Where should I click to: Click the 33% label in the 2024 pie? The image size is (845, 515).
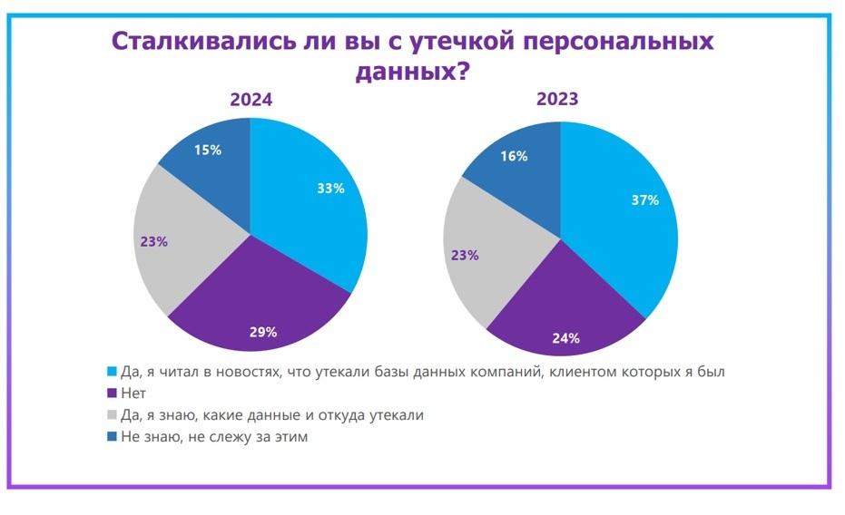pyautogui.click(x=330, y=189)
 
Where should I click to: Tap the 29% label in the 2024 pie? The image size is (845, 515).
pyautogui.click(x=263, y=332)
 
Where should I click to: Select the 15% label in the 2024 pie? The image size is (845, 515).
pyautogui.click(x=208, y=151)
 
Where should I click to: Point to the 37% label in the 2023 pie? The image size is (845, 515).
pyautogui.click(x=645, y=200)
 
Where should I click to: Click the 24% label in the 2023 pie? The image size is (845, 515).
pyautogui.click(x=565, y=338)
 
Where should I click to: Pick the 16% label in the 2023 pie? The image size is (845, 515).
pyautogui.click(x=514, y=156)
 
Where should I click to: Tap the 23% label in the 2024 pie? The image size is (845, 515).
pyautogui.click(x=154, y=241)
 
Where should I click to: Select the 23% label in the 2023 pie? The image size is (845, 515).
pyautogui.click(x=465, y=255)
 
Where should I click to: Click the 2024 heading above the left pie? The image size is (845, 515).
pyautogui.click(x=251, y=100)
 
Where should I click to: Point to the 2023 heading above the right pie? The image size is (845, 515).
pyautogui.click(x=557, y=99)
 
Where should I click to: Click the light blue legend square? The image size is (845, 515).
pyautogui.click(x=112, y=372)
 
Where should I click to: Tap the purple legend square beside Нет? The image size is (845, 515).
pyautogui.click(x=112, y=394)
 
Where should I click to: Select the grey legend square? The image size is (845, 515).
pyautogui.click(x=112, y=415)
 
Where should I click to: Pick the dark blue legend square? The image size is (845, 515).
pyautogui.click(x=112, y=436)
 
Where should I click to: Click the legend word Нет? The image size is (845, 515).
pyautogui.click(x=133, y=394)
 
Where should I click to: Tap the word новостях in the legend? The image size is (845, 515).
pyautogui.click(x=249, y=372)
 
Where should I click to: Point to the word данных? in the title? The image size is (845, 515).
pyautogui.click(x=413, y=71)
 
